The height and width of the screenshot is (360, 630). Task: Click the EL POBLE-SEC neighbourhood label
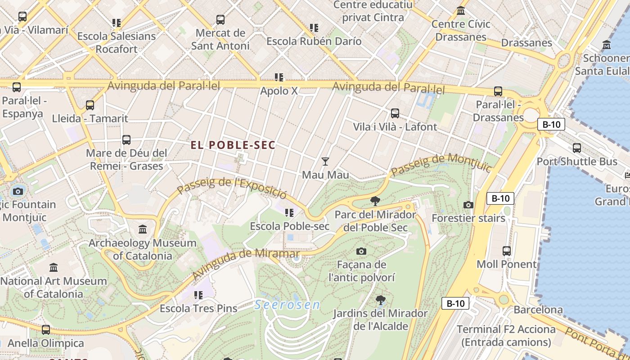tap(233, 145)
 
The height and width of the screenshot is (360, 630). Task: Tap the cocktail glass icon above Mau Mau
tap(325, 162)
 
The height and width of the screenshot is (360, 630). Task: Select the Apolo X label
tap(279, 91)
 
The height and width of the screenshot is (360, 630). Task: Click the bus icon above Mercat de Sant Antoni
tap(220, 20)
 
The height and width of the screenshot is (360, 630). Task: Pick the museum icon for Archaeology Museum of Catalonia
tap(143, 229)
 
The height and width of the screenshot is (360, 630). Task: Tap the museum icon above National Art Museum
tap(54, 267)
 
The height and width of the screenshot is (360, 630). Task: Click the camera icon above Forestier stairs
tap(468, 205)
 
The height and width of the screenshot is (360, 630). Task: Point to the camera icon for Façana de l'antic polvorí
tap(361, 251)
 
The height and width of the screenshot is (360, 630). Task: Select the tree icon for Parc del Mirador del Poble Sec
tap(375, 201)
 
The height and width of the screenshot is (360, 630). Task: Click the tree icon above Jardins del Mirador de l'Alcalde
tap(381, 300)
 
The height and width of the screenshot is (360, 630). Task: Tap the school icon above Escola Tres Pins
tap(198, 295)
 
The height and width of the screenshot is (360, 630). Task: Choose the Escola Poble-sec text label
tap(290, 226)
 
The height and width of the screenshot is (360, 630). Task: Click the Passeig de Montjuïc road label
tap(441, 165)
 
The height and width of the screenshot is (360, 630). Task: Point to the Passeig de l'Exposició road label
tap(232, 189)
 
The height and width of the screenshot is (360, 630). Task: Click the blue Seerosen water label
tap(287, 305)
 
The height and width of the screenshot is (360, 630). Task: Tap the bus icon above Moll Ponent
tap(507, 251)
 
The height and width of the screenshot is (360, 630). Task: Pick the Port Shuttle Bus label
tap(577, 161)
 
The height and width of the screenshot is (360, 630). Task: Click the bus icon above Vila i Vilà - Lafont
tap(395, 113)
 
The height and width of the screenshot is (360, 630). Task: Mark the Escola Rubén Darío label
tap(314, 41)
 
